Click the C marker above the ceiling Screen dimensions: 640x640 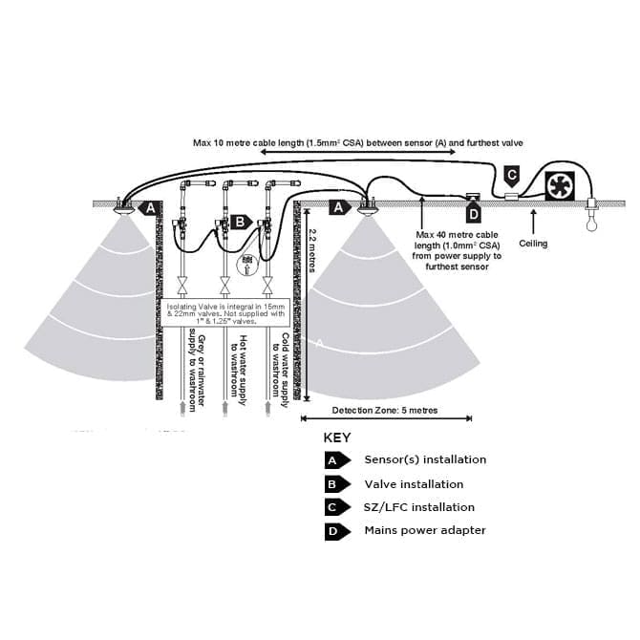pos(511,176)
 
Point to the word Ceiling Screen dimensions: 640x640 pos(533,244)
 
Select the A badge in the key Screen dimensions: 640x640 pos(333,459)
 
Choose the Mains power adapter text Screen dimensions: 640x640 pos(425,530)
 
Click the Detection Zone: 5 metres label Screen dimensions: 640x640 pos(386,411)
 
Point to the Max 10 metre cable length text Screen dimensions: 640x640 pos(357,142)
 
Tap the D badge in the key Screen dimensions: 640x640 pos(333,530)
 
